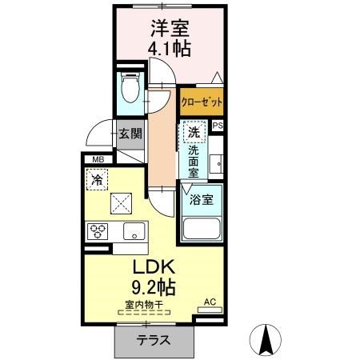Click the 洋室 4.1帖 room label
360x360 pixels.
pos(170,38)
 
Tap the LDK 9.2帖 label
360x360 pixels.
pos(154,278)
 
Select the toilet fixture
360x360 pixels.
pos(130,87)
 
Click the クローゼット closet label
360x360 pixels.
pos(202,102)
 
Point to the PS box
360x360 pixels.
pos(218,126)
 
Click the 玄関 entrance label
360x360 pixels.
pos(130,134)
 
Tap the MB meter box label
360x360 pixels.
pos(98,160)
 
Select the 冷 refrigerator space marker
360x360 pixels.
pos(97,179)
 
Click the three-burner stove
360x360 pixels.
pos(98,231)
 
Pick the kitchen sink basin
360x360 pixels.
pos(134,231)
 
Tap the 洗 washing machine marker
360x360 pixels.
pos(194,132)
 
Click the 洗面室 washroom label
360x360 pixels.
pos(194,162)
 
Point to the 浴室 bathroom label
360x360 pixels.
pos(202,200)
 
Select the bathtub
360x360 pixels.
pos(202,229)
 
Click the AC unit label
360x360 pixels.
pos(210,302)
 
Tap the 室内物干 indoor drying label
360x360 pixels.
pos(144,305)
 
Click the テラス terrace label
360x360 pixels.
pos(153,340)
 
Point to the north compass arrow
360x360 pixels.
pos(266,339)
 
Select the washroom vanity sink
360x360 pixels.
pos(216,163)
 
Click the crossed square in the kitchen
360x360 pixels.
pos(121,203)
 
